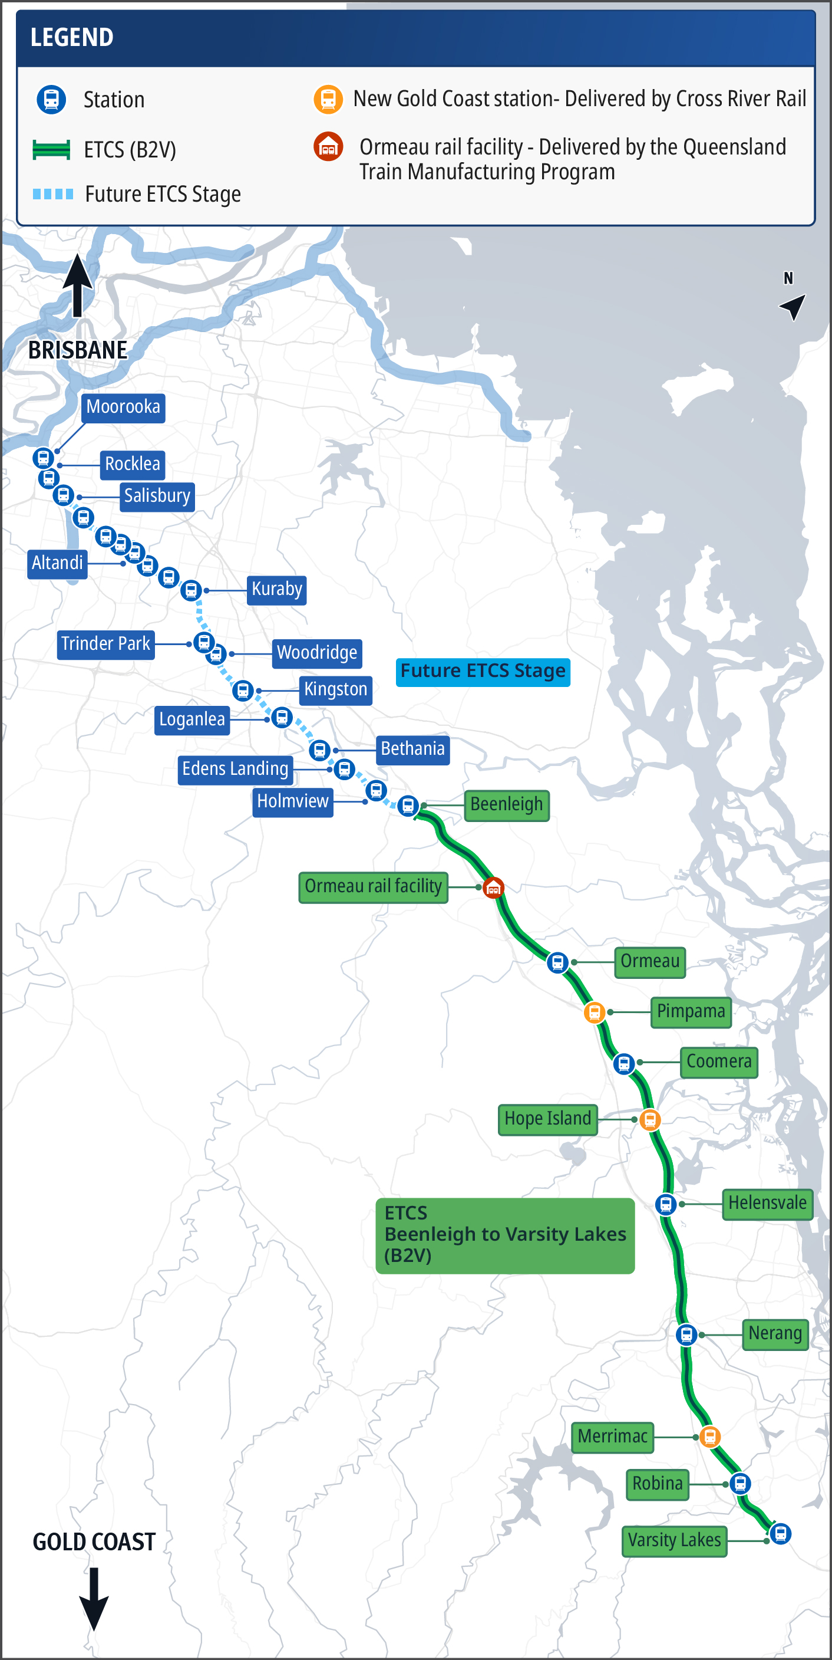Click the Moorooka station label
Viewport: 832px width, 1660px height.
[x=123, y=407]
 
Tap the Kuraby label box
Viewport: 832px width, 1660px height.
[x=276, y=590]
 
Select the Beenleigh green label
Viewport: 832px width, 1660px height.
[x=506, y=805]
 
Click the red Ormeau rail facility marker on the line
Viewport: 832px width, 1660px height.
[x=493, y=888]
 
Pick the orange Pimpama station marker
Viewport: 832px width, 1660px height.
[x=595, y=1013]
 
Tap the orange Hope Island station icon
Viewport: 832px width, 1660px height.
[x=650, y=1120]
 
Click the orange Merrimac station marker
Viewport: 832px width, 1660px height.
[x=709, y=1437]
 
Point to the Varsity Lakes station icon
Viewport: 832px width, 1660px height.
[x=781, y=1533]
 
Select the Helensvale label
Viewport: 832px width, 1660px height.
[x=767, y=1203]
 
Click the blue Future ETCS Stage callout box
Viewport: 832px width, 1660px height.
[x=483, y=672]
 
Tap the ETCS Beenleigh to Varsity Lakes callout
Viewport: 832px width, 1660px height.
[x=505, y=1235]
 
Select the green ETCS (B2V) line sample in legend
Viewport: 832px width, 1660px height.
[x=51, y=150]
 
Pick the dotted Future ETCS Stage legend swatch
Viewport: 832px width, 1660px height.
[x=53, y=194]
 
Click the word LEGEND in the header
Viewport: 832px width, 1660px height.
[x=72, y=37]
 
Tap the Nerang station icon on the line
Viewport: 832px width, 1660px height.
[x=686, y=1334]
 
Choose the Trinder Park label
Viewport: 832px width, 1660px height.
[x=105, y=644]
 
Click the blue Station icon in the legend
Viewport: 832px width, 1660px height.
[x=51, y=100]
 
